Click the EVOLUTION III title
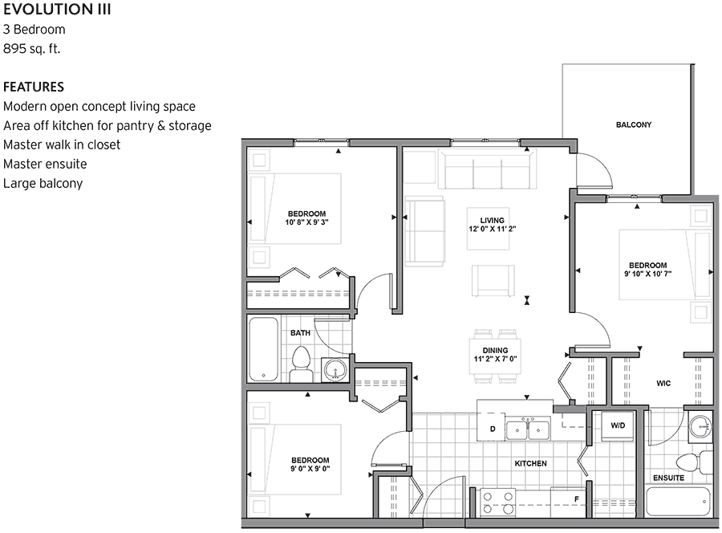pos(57,10)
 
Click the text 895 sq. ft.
pos(32,48)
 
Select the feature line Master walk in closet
pos(62,144)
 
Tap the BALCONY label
pos(633,125)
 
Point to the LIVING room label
pos(492,220)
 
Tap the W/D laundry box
pos(618,425)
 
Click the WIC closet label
pos(663,384)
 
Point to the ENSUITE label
pos(667,478)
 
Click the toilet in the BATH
pos(301,365)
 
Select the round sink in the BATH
pos(335,369)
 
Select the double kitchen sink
pos(527,430)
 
